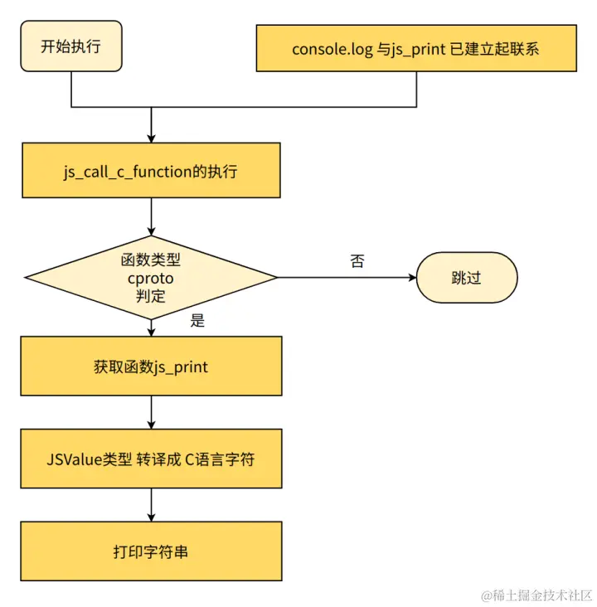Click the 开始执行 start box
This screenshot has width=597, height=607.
tap(70, 46)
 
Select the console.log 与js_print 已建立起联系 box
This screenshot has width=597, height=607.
tap(415, 48)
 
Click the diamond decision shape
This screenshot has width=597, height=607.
tap(151, 278)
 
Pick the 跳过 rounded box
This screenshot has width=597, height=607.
tap(466, 278)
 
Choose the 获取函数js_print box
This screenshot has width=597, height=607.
tap(151, 366)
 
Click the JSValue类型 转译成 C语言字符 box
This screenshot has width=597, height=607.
tap(151, 458)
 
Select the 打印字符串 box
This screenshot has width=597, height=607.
tap(151, 551)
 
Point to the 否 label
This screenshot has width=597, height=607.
tap(357, 261)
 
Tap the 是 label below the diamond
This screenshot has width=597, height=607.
tap(197, 321)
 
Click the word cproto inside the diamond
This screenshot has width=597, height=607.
tap(151, 279)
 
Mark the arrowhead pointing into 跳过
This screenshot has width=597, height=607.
tap(410, 278)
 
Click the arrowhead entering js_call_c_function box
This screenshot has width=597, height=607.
tap(151, 137)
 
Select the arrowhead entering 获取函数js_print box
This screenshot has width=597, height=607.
tap(151, 331)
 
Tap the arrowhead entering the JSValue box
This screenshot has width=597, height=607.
tap(151, 424)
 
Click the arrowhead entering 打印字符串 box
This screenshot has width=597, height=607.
tap(151, 516)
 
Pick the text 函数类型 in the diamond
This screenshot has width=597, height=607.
tap(151, 260)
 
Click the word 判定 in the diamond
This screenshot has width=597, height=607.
tap(151, 296)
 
